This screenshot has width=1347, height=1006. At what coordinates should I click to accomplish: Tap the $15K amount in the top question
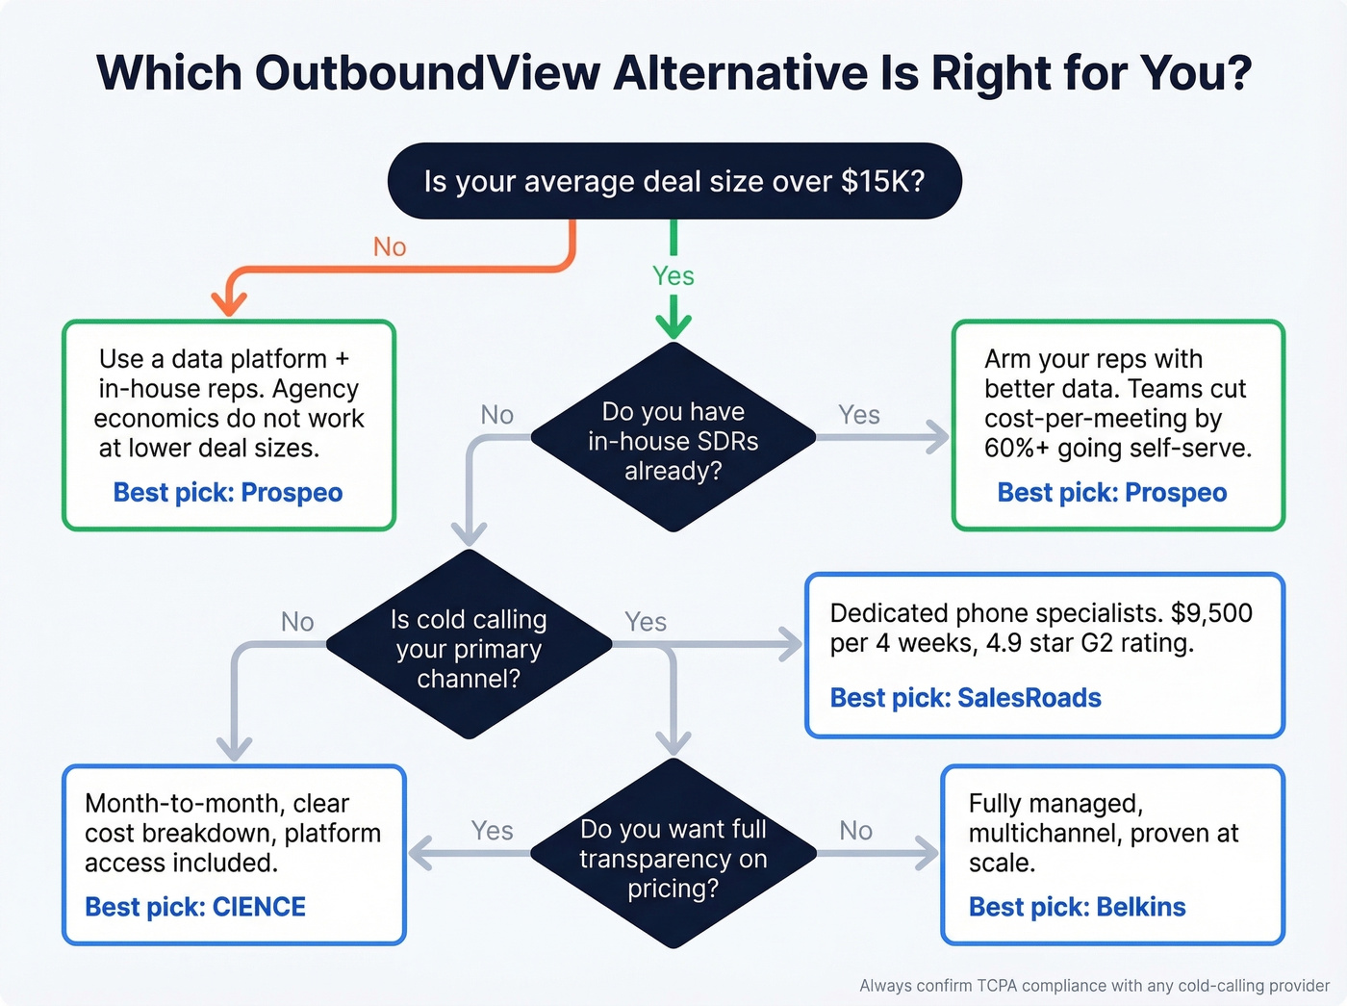(x=881, y=181)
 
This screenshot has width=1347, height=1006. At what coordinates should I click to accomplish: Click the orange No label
(x=390, y=247)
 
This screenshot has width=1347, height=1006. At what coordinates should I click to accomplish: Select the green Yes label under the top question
(x=673, y=276)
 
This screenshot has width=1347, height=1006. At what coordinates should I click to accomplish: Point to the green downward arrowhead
(x=673, y=326)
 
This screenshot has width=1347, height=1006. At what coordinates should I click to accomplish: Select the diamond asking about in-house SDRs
(x=673, y=439)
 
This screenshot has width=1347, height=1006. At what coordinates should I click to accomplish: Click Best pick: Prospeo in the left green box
(x=228, y=493)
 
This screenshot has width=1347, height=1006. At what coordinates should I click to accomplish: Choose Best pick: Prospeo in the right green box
(x=1111, y=493)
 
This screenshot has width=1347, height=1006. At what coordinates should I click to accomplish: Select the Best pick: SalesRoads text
(x=965, y=698)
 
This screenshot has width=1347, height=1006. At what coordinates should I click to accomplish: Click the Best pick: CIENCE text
(x=195, y=907)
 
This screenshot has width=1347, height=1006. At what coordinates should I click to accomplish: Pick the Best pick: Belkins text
(x=1077, y=907)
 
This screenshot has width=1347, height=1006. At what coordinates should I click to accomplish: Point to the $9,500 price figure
(x=1211, y=613)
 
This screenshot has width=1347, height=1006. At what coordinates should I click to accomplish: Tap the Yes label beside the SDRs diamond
(x=858, y=415)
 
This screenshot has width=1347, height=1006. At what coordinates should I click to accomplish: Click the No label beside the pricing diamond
(x=855, y=831)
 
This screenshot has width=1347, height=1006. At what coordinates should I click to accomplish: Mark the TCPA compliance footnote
(x=1094, y=986)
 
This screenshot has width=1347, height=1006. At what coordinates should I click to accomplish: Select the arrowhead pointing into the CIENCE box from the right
(x=420, y=854)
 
